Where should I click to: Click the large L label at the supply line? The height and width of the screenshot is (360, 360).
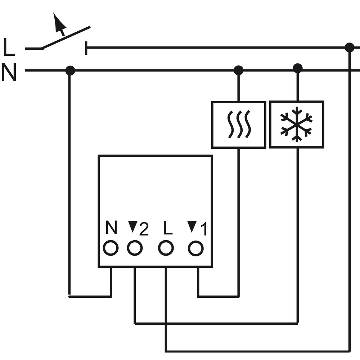[x=9, y=47]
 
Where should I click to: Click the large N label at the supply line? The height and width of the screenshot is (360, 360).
[x=9, y=72]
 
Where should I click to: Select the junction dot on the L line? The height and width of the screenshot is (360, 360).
[x=350, y=48]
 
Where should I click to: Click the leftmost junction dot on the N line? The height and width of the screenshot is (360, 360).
[x=70, y=71]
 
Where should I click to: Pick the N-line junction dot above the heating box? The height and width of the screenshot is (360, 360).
[x=238, y=70]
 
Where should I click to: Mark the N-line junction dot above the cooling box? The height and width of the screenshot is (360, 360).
[x=298, y=68]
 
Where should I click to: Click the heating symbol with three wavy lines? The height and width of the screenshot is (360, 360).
[x=239, y=125]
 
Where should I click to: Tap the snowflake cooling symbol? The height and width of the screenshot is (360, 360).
[x=296, y=124]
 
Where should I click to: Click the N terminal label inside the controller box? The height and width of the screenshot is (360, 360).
[x=111, y=227]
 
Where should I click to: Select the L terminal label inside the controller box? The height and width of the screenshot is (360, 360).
[x=168, y=228]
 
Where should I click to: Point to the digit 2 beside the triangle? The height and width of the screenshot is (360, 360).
[x=144, y=229]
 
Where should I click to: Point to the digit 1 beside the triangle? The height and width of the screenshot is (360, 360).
[x=204, y=229]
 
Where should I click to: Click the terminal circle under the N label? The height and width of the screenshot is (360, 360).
[x=111, y=248]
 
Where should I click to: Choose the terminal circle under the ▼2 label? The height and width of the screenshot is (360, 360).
[x=135, y=248]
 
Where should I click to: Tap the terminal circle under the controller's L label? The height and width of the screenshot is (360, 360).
[x=166, y=248]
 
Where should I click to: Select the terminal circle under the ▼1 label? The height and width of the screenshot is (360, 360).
[x=195, y=248]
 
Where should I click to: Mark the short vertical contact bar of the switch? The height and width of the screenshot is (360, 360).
[x=86, y=48]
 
